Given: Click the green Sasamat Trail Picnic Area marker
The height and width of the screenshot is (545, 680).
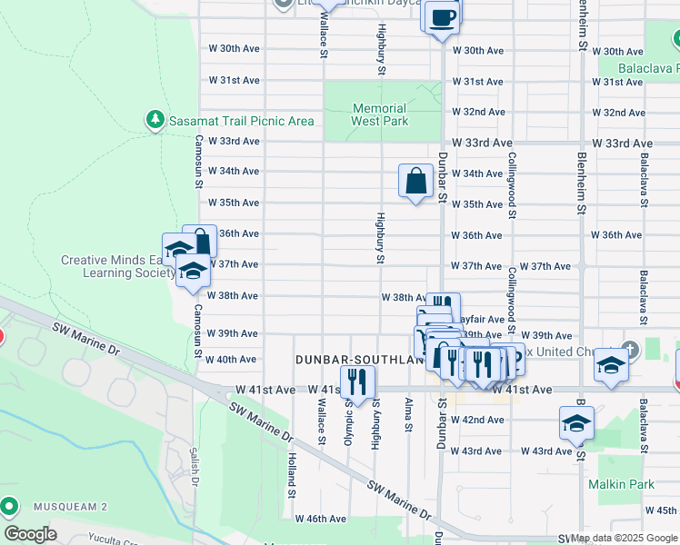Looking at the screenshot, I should click(x=155, y=119).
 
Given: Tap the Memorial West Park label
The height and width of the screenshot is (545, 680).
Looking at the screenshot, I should click(x=379, y=114).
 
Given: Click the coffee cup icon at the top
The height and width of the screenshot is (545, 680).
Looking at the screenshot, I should click(x=442, y=18).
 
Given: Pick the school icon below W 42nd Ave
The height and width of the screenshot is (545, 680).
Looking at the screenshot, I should click(x=576, y=423).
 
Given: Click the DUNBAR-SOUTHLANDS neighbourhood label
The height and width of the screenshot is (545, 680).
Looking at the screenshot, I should click(x=360, y=360).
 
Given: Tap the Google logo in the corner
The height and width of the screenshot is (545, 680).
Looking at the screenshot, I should click(x=30, y=534).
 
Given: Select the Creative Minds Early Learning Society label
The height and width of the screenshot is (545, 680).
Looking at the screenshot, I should click(x=118, y=266).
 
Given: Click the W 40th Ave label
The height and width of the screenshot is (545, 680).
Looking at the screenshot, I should click(x=232, y=360).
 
